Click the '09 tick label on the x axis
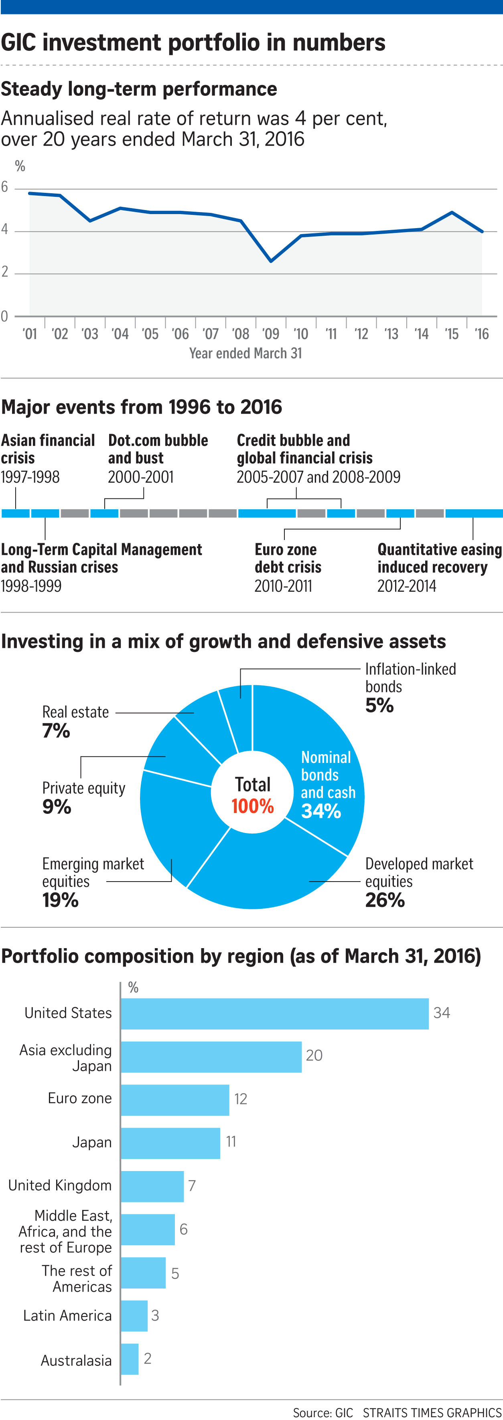click(x=270, y=334)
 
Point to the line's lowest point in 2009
click(x=271, y=261)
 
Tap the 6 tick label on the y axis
click(x=5, y=188)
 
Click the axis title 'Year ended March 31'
click(x=245, y=353)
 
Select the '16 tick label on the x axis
click(x=481, y=334)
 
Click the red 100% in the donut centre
click(x=253, y=807)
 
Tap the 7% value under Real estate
click(x=56, y=731)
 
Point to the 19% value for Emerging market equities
click(x=60, y=900)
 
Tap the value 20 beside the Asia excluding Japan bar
click(x=314, y=1056)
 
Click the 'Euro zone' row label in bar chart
click(x=80, y=1098)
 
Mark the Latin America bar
click(x=134, y=1315)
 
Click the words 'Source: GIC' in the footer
click(x=322, y=1412)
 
